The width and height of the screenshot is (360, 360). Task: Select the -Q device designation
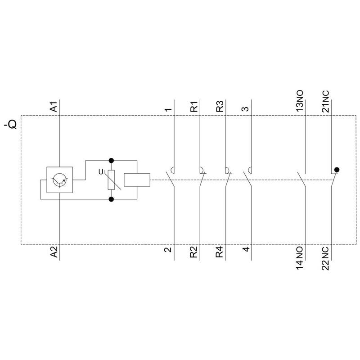point(10,124)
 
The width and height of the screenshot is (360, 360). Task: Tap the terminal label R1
point(194,107)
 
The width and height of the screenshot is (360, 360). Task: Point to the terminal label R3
point(220,107)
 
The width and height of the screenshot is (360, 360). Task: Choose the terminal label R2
point(193,252)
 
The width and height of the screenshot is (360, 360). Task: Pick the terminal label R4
point(219,252)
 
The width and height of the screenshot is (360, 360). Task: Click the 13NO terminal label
point(300,101)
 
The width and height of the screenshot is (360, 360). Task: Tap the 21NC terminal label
point(325,101)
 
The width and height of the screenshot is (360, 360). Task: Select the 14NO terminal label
point(299,258)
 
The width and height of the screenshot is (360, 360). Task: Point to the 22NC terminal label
point(325,259)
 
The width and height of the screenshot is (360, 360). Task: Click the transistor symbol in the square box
point(60,180)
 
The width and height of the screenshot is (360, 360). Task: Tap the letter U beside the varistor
point(101,172)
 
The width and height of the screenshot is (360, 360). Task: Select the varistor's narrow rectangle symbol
point(111,180)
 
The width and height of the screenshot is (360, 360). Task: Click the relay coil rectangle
point(137,180)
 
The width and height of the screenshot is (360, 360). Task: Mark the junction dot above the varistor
point(111,160)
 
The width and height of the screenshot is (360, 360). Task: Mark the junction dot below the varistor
point(111,199)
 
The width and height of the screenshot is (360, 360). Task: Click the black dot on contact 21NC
point(337,170)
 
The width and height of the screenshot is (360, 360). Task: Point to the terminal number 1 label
point(168,109)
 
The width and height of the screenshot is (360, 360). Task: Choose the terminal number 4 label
point(246,249)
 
